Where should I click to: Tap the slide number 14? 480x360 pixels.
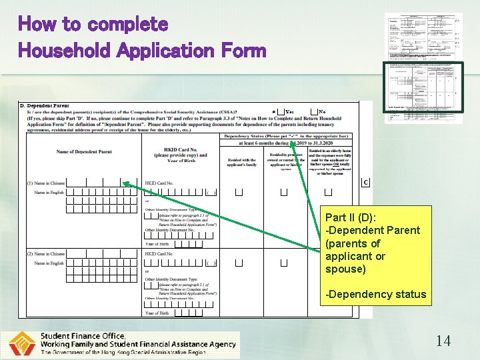click(443, 341)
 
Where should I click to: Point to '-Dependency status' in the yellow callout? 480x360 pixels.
click(375, 294)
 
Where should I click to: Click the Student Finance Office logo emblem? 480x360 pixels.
click(22, 345)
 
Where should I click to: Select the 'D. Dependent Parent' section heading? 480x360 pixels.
click(44, 106)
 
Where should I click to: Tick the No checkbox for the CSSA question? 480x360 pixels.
click(313, 112)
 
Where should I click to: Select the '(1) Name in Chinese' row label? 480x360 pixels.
click(46, 183)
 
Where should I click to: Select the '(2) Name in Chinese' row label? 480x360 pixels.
click(46, 254)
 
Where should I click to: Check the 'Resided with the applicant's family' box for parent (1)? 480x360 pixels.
click(239, 193)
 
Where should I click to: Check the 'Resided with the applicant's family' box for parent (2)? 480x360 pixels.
click(239, 263)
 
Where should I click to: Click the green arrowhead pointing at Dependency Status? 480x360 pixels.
click(292, 143)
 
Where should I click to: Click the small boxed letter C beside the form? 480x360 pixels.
click(365, 182)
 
